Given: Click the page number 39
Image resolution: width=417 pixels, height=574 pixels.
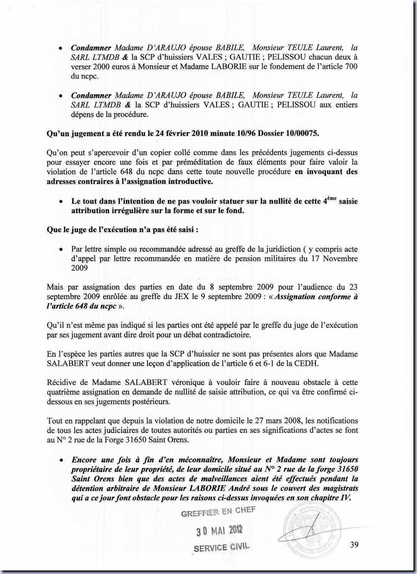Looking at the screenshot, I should [x=354, y=545].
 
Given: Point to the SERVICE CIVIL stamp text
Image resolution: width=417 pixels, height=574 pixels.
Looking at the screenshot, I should [x=221, y=547].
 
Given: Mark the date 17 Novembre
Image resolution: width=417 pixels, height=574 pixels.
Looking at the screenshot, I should [x=334, y=258].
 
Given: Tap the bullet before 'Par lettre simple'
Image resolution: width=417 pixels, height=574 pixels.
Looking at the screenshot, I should [x=61, y=250].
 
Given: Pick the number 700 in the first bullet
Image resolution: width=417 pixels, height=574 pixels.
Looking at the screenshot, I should [x=351, y=67].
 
